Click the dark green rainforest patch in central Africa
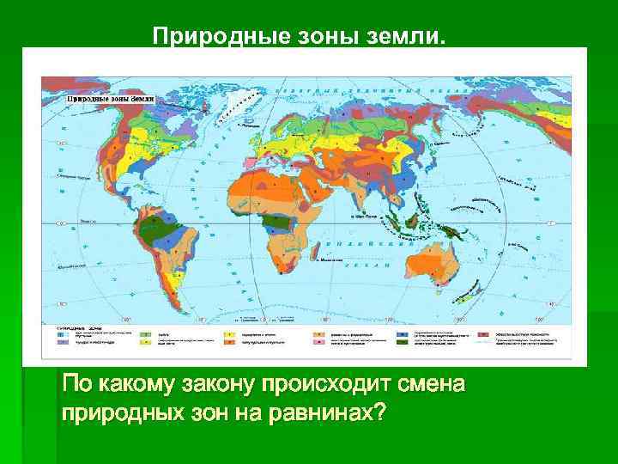point(276,223)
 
